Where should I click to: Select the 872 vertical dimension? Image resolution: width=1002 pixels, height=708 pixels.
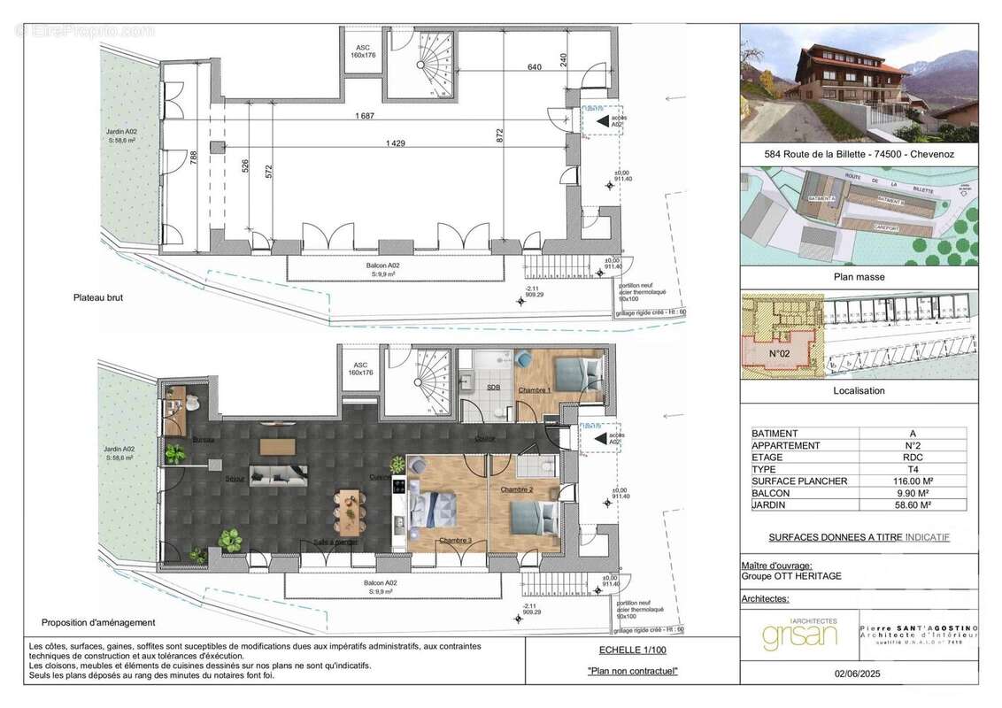[x=500, y=135]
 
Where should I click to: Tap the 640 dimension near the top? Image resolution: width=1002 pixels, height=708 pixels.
[x=535, y=65]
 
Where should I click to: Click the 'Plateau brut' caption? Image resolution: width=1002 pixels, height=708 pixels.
[x=97, y=299]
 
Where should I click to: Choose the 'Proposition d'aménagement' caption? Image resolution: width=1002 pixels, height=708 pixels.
[x=98, y=623]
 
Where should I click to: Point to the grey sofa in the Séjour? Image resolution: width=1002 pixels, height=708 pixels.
[x=278, y=475]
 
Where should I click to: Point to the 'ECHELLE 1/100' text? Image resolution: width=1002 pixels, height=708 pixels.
[x=632, y=650]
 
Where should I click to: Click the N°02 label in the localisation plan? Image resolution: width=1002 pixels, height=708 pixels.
[x=778, y=353]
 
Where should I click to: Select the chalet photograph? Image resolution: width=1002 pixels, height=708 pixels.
[x=859, y=83]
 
